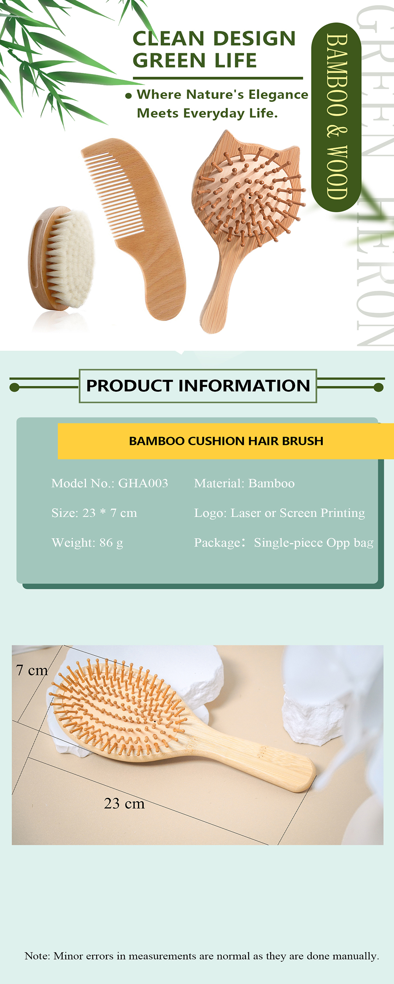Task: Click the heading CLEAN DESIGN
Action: [214, 39]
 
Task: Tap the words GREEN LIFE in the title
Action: [195, 60]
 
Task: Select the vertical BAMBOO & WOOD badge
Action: [336, 117]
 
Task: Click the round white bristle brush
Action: [61, 258]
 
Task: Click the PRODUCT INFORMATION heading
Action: [198, 386]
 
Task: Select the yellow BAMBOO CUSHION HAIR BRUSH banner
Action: [226, 441]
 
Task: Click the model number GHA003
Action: [143, 483]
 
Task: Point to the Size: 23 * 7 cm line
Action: [94, 513]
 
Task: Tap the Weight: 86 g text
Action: [87, 543]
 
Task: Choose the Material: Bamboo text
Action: [244, 483]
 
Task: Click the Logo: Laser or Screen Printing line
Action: [279, 513]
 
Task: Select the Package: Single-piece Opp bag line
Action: [284, 543]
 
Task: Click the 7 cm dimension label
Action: [32, 670]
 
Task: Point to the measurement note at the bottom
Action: [202, 956]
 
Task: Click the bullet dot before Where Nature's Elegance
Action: [128, 96]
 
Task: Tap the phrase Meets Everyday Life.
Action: [207, 113]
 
